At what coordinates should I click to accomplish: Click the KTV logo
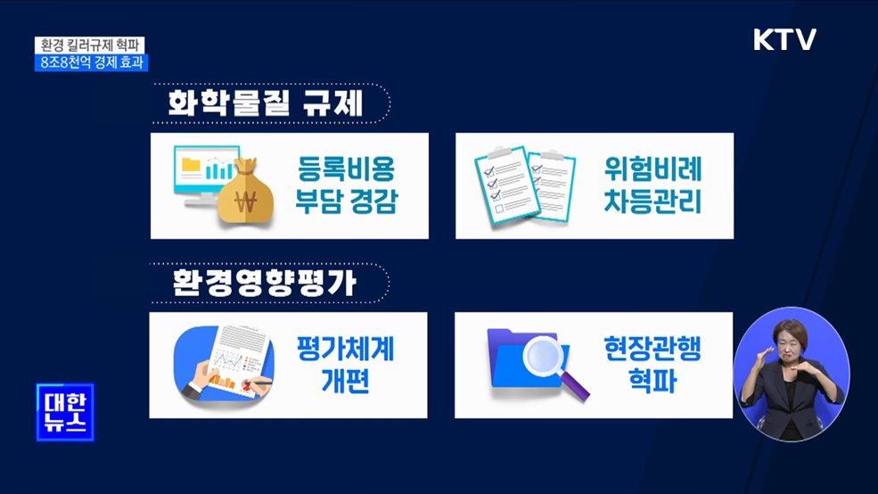tap(784, 40)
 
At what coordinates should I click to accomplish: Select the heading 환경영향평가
tap(265, 284)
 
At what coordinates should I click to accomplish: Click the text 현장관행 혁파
tap(639, 365)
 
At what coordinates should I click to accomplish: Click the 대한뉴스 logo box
tap(64, 412)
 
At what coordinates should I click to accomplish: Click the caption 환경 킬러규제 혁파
tap(92, 45)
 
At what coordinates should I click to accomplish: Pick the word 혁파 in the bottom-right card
tap(639, 383)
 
